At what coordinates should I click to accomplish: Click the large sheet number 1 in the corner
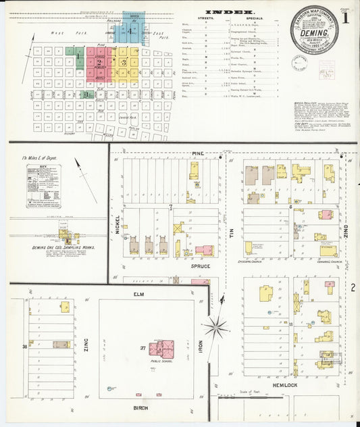pyautogui.click(x=346, y=17)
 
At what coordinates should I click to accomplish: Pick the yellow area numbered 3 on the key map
pyautogui.click(x=124, y=62)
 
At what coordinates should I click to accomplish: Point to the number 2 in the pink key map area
pyautogui.click(x=99, y=61)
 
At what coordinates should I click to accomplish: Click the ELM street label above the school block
pyautogui.click(x=140, y=294)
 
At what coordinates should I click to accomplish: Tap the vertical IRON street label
pyautogui.click(x=200, y=347)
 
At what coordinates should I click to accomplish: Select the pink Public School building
pyautogui.click(x=161, y=349)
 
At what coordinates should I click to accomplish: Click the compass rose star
pyautogui.click(x=217, y=329)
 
